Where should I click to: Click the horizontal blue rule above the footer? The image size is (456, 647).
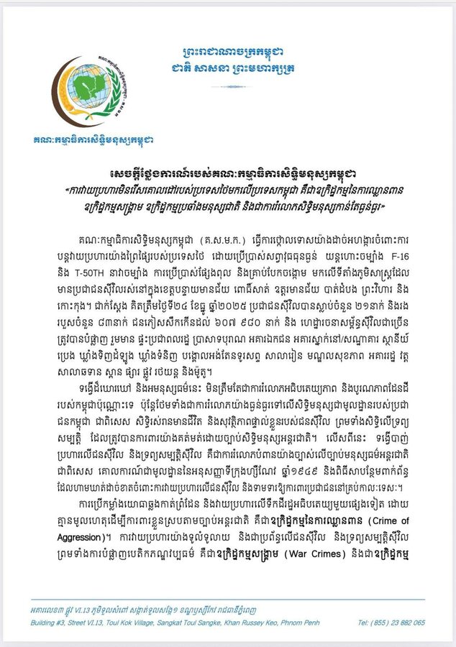pos(227,600)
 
